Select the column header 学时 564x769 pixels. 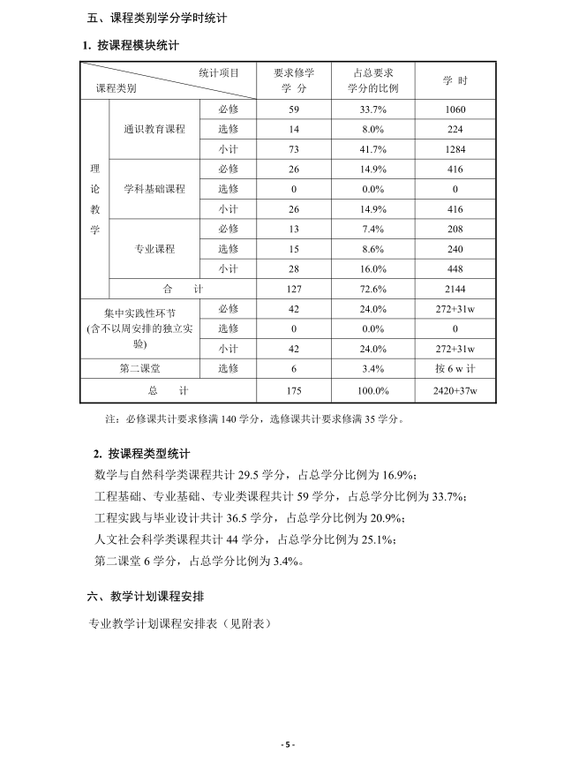click(455, 80)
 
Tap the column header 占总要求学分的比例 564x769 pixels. click(373, 80)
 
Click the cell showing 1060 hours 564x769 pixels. click(455, 109)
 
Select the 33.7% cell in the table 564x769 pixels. click(373, 109)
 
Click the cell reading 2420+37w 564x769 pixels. click(455, 390)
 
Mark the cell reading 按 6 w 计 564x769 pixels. click(455, 368)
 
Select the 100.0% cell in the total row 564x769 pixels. click(373, 390)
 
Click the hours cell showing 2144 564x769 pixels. click(455, 289)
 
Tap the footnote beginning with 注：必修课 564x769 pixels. click(254, 418)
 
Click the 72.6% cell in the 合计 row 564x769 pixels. click(373, 289)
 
